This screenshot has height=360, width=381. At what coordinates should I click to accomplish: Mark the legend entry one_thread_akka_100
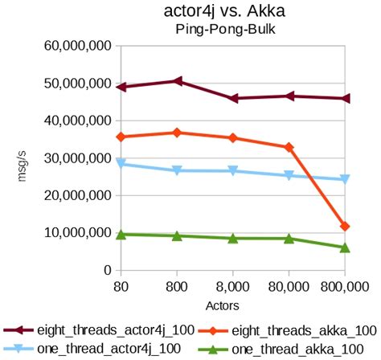(x=289, y=347)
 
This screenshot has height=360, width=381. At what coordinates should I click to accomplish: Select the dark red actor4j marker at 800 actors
(x=177, y=81)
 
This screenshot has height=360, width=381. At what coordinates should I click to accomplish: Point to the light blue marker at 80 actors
(x=121, y=164)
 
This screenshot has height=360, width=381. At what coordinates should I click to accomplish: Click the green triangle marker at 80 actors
(x=121, y=234)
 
